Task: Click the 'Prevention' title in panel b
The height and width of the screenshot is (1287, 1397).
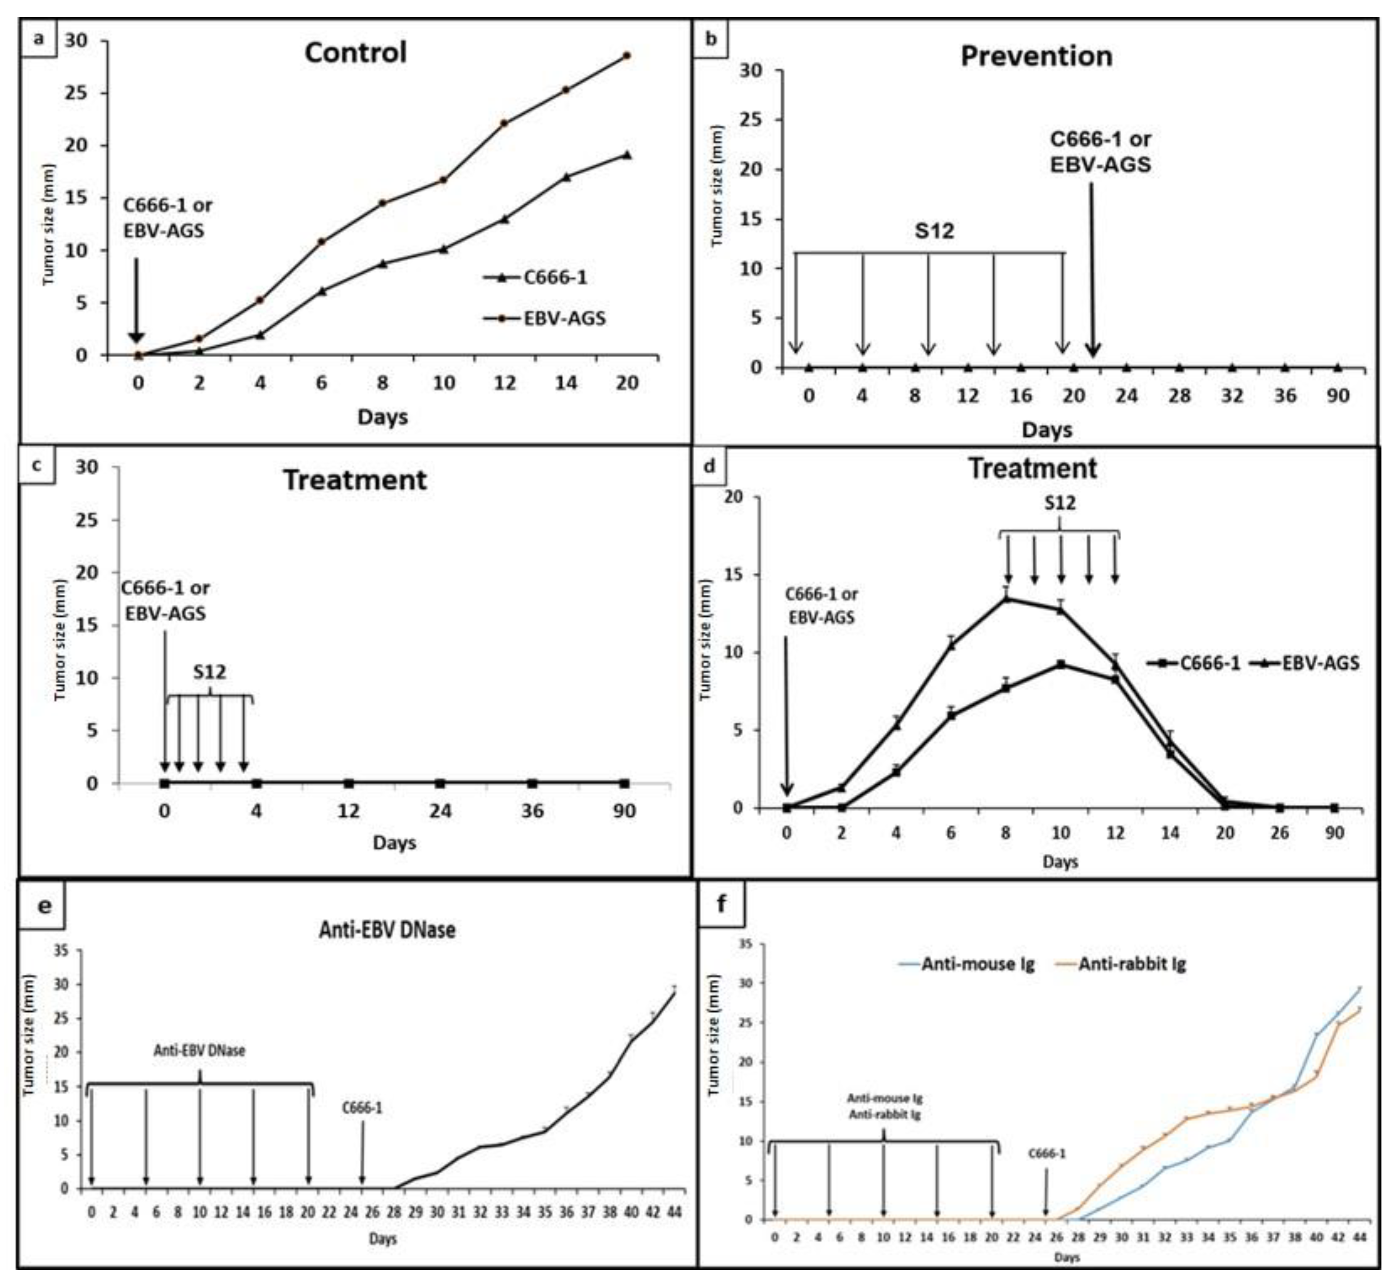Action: (1036, 56)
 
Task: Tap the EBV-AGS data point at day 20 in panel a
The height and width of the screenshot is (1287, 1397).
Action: (626, 56)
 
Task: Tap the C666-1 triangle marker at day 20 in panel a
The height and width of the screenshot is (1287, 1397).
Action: (627, 155)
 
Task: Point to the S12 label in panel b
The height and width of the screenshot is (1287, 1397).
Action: (934, 231)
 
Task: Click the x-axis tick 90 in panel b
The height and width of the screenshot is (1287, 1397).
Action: (1338, 396)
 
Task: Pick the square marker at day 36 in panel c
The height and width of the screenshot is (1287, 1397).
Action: (532, 783)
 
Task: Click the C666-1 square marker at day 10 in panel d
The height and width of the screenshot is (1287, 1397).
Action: (1061, 665)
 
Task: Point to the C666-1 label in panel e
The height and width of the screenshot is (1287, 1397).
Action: (362, 1108)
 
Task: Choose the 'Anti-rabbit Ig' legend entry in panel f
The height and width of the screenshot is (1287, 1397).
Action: (1132, 965)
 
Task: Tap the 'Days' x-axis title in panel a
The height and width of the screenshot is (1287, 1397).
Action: (382, 417)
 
